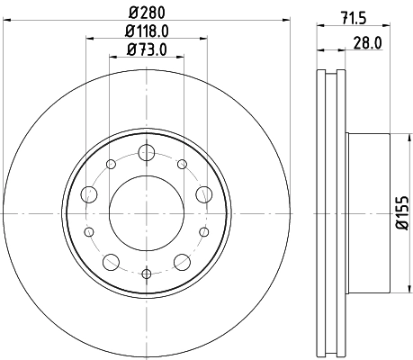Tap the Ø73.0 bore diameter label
tap(146, 50)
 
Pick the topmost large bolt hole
tap(146, 154)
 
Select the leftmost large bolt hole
tap(90, 193)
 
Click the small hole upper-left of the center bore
tap(111, 164)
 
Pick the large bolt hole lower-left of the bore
tap(111, 261)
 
